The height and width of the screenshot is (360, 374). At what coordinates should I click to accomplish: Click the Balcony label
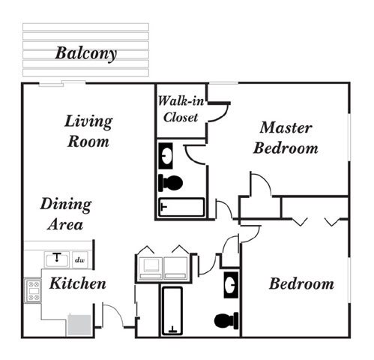click(85, 53)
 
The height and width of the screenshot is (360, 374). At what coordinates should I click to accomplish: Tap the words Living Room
click(88, 131)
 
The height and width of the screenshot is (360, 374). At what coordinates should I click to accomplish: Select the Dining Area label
click(65, 214)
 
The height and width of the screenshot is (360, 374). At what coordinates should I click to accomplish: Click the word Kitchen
click(78, 283)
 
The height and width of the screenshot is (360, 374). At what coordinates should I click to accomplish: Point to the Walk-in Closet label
click(181, 109)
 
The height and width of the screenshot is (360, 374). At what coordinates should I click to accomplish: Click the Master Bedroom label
click(286, 138)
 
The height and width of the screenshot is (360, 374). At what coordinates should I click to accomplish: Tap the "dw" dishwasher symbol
click(80, 260)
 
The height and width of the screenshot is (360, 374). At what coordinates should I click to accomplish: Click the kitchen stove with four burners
click(33, 291)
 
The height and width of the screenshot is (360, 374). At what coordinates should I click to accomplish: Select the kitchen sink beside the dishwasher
click(57, 259)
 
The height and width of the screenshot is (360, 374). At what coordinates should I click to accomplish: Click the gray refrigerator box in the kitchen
click(79, 325)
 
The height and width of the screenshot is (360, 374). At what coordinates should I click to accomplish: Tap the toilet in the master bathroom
click(171, 183)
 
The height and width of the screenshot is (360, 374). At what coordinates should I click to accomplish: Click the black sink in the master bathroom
click(166, 156)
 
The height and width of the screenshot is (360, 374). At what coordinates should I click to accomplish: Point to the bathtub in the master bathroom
click(181, 207)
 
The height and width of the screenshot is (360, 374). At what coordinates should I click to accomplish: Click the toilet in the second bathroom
click(226, 321)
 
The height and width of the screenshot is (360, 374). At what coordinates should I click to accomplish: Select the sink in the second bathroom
click(231, 285)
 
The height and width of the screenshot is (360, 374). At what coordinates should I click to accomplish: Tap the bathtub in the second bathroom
click(172, 311)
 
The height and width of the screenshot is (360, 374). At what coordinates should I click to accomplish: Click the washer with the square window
click(150, 268)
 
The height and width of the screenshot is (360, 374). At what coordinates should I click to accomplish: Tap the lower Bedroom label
click(301, 283)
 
